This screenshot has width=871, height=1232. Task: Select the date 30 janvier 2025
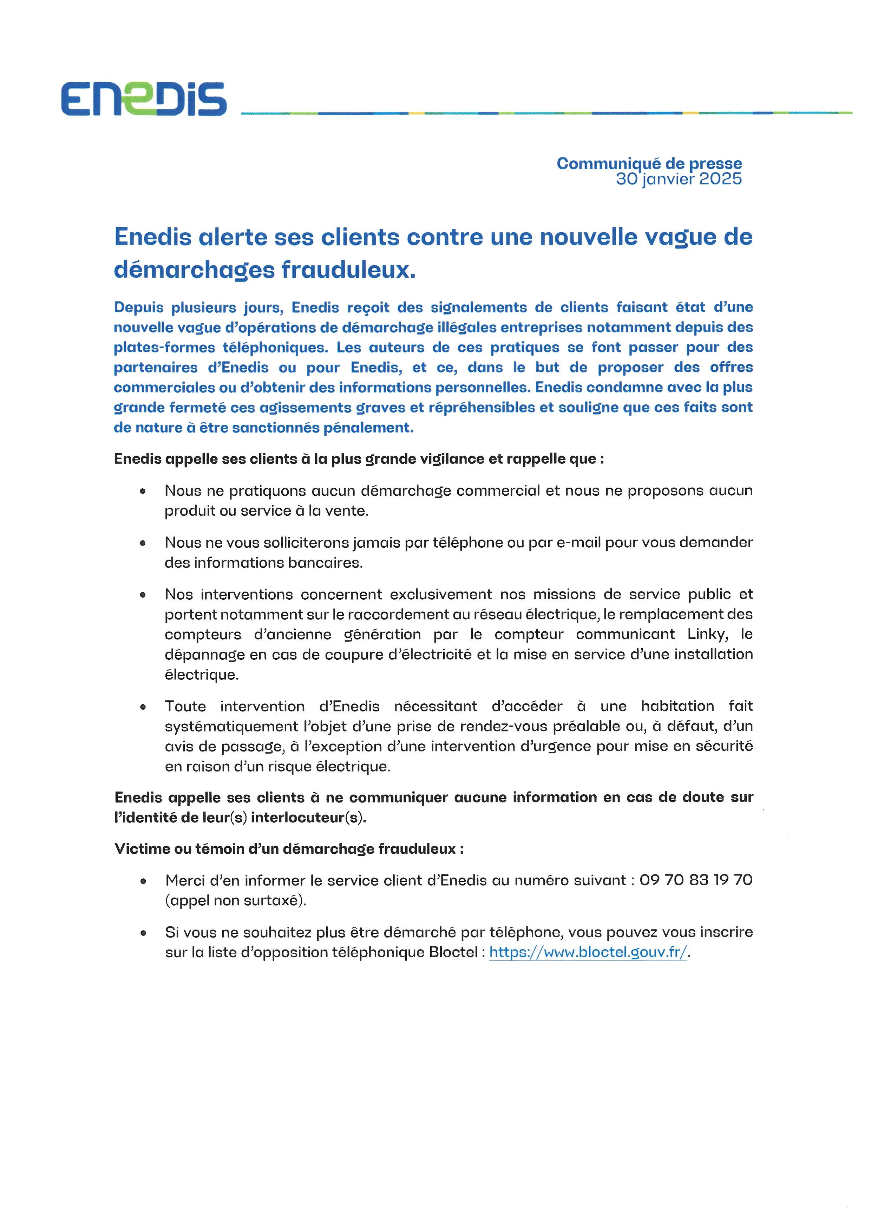tap(679, 179)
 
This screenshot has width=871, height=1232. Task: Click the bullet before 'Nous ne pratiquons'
tap(143, 491)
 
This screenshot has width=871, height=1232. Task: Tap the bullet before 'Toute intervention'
tap(143, 707)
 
